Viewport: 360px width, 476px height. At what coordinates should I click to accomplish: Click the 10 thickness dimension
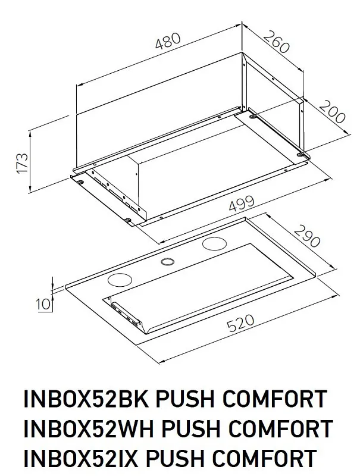pos(42,304)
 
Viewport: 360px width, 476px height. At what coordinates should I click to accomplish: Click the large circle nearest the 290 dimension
pos(214,243)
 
